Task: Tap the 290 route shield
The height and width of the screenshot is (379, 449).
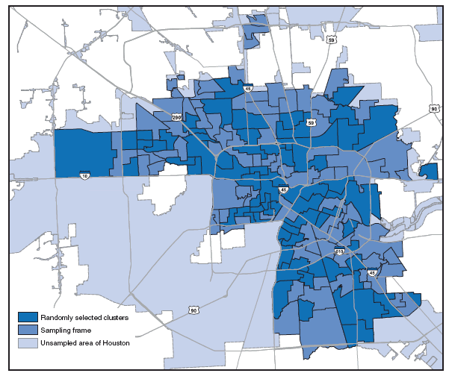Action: point(176,117)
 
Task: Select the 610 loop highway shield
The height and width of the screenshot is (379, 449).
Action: point(338,252)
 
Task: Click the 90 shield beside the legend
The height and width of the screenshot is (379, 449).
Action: point(193,309)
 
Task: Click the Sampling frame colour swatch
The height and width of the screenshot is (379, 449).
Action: point(28,329)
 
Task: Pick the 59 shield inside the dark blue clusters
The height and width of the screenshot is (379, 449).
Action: point(310,122)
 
